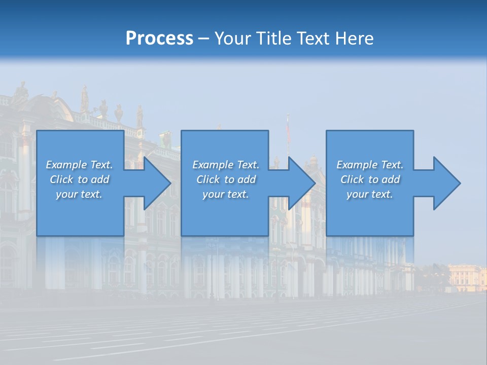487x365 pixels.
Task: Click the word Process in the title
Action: [159, 39]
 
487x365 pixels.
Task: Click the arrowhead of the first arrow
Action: [157, 183]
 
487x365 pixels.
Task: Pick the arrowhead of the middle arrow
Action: [301, 183]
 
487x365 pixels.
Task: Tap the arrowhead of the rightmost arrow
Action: [446, 183]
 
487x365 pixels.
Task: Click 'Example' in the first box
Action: [66, 165]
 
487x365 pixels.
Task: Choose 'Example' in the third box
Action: [357, 165]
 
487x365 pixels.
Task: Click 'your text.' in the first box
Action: [79, 194]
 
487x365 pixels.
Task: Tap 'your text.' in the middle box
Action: [225, 194]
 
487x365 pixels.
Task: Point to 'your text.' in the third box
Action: [370, 194]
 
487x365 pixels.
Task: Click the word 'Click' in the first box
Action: [61, 179]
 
